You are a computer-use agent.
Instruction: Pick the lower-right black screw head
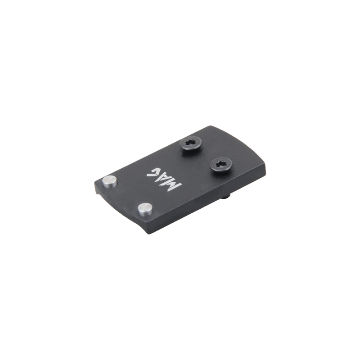(x=221, y=164)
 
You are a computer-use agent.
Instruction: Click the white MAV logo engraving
(x=164, y=180)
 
